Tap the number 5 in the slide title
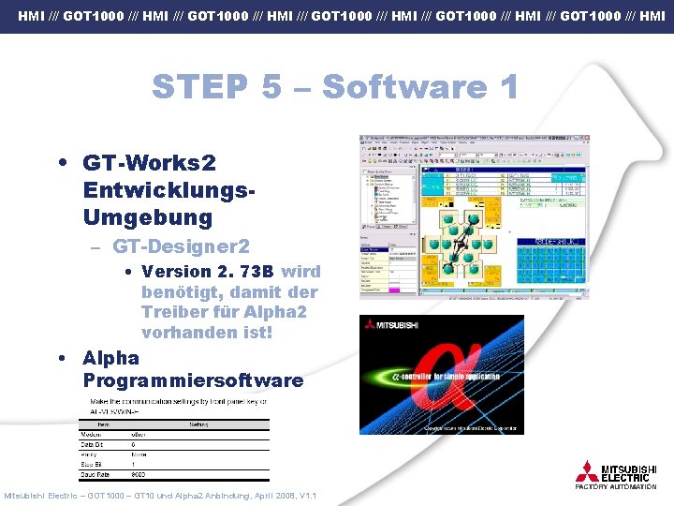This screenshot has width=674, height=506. coord(271,87)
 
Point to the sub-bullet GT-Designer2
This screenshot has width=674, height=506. coord(181,246)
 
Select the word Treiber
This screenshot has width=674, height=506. coord(171,312)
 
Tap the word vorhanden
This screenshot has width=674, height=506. coord(187,333)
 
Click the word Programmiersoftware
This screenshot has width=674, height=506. coord(193,380)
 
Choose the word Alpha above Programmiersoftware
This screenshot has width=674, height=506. coord(110,358)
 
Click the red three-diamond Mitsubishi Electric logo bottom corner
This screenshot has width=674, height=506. coord(587,471)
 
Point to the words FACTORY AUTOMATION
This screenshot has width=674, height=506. coord(615,487)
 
